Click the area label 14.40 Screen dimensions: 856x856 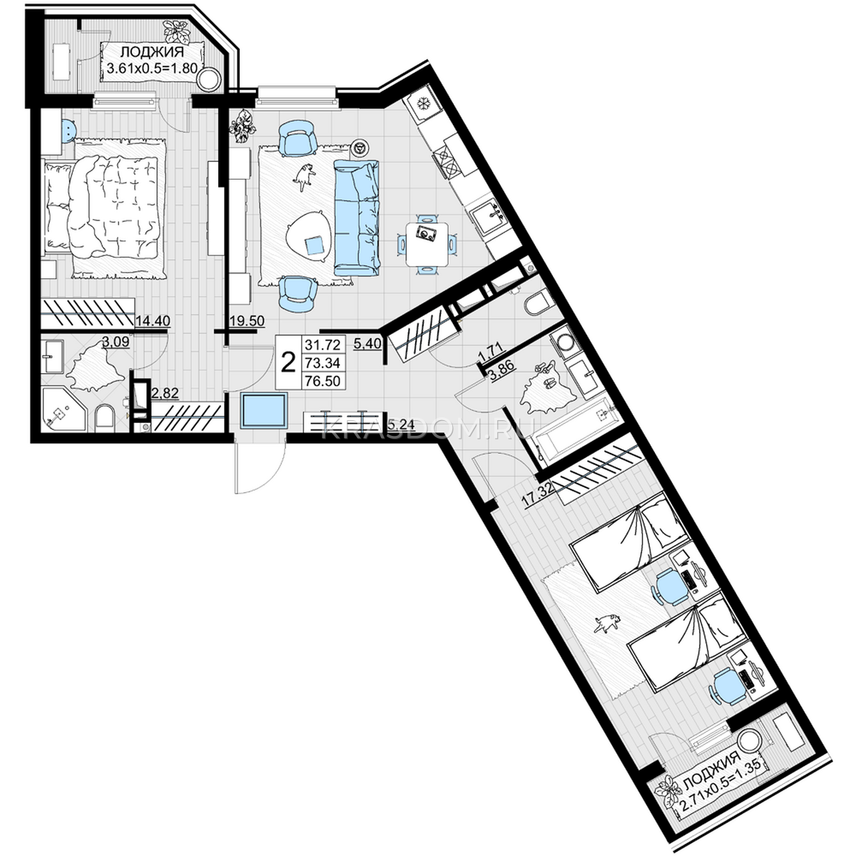[x=153, y=320]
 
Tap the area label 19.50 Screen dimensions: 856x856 [x=247, y=320]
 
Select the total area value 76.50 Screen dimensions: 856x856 [x=322, y=381]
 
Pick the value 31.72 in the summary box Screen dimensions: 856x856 [x=322, y=345]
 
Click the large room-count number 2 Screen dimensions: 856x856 [x=289, y=362]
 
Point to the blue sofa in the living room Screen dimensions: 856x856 [x=357, y=218]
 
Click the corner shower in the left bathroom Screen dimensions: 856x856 [x=63, y=408]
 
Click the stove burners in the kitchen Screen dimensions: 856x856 [x=447, y=161]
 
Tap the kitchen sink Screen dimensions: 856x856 [x=488, y=217]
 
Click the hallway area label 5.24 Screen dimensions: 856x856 [x=401, y=424]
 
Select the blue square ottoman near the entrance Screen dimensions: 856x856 [x=264, y=410]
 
